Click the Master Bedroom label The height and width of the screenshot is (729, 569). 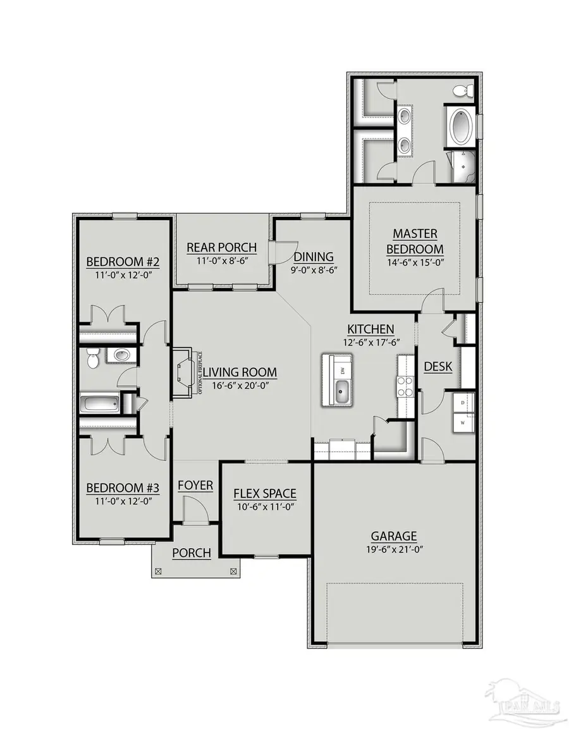tap(414, 241)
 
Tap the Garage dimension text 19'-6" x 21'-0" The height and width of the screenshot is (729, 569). tap(393, 549)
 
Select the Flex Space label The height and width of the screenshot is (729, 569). tap(265, 493)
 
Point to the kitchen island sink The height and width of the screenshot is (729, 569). tap(341, 392)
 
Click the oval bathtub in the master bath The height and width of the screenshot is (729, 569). tap(460, 126)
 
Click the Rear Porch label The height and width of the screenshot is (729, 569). tap(222, 247)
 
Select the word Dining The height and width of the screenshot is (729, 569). tap(314, 257)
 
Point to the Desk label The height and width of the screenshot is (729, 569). tap(437, 366)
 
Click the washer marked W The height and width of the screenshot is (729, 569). tap(463, 422)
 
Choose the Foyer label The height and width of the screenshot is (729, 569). tap(195, 486)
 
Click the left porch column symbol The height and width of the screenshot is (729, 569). tap(158, 571)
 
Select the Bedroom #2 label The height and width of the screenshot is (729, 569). tap(122, 262)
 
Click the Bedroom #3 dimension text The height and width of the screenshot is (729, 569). tap(122, 501)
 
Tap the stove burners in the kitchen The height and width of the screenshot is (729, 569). tap(405, 386)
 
